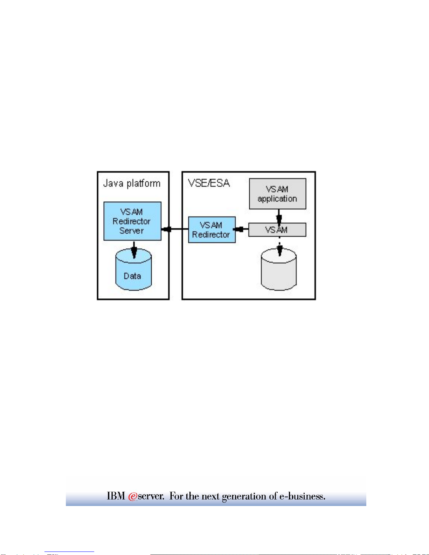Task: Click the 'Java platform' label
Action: coord(132,183)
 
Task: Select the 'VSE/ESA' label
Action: coord(209,183)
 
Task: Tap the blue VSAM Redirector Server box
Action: coord(132,221)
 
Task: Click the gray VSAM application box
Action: coord(278,194)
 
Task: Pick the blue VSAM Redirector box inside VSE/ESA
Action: coord(212,230)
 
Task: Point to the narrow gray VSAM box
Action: coord(277,230)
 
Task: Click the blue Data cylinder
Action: coord(133,269)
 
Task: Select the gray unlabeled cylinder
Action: coord(279,269)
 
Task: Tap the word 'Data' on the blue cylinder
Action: coord(132,276)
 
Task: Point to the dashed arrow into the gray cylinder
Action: coord(280,246)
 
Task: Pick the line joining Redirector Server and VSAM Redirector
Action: coord(175,229)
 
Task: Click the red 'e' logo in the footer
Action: coord(132,496)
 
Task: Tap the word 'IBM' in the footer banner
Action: coord(116,496)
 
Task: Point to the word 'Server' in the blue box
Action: coord(132,231)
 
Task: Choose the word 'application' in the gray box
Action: coord(277,199)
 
